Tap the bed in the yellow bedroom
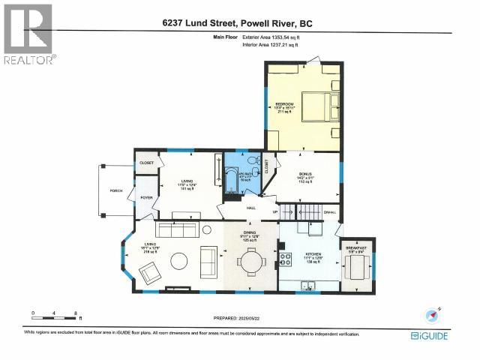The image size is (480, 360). [318, 104]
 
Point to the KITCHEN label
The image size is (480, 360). [313, 256]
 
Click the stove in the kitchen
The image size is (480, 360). [286, 259]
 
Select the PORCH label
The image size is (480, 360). [115, 190]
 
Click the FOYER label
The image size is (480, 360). [145, 198]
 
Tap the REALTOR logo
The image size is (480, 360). [28, 34]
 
